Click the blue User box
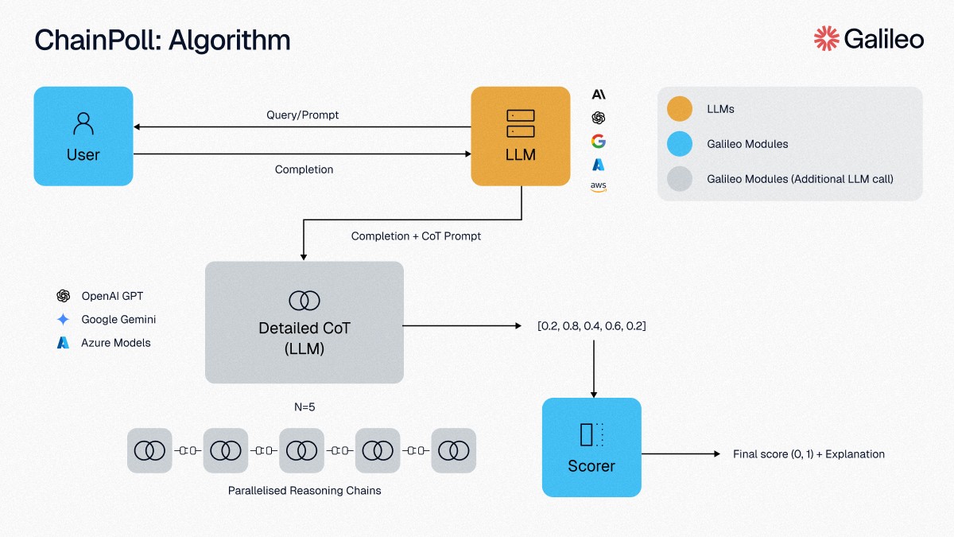point(83,136)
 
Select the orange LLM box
point(521,136)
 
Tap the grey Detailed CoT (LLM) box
point(304,322)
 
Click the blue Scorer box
point(591,447)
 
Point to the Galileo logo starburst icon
point(826,39)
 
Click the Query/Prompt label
point(302,115)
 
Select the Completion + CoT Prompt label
point(416,236)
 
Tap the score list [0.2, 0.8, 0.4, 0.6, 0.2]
point(591,326)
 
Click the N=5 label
point(304,407)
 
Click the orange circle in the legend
point(680,109)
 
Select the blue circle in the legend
point(680,144)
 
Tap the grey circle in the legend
point(680,178)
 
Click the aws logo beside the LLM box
point(599,187)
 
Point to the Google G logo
point(599,141)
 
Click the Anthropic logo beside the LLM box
point(599,94)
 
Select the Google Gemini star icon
point(63,319)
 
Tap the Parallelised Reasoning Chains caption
point(304,491)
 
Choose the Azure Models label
point(116,343)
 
